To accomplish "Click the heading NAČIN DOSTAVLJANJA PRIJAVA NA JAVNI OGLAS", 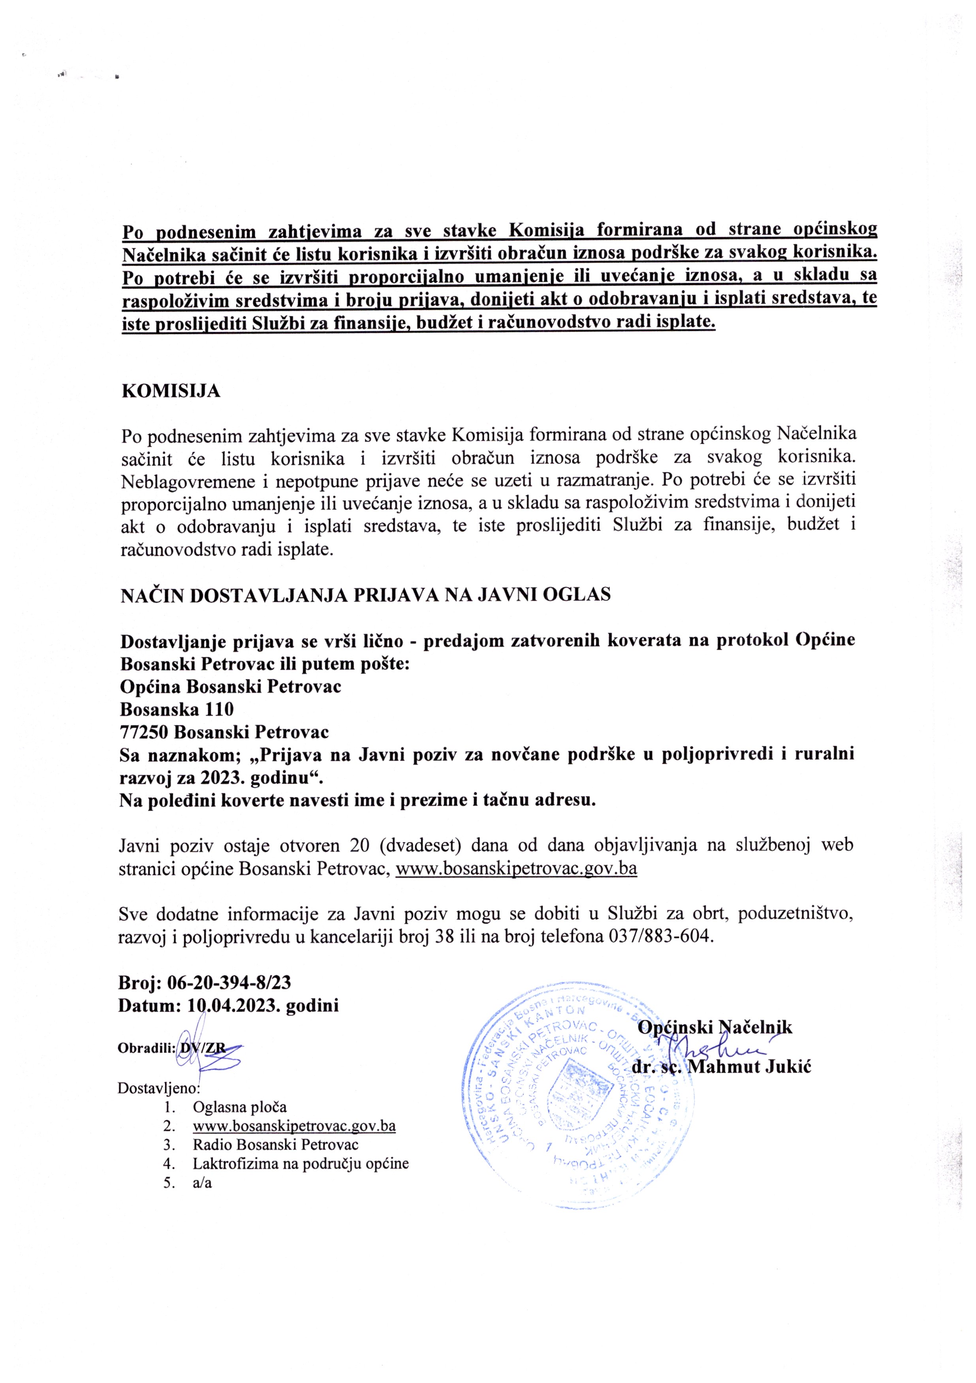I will [x=366, y=595].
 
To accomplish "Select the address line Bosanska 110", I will [x=177, y=709].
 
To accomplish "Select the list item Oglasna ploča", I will [x=240, y=1107].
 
